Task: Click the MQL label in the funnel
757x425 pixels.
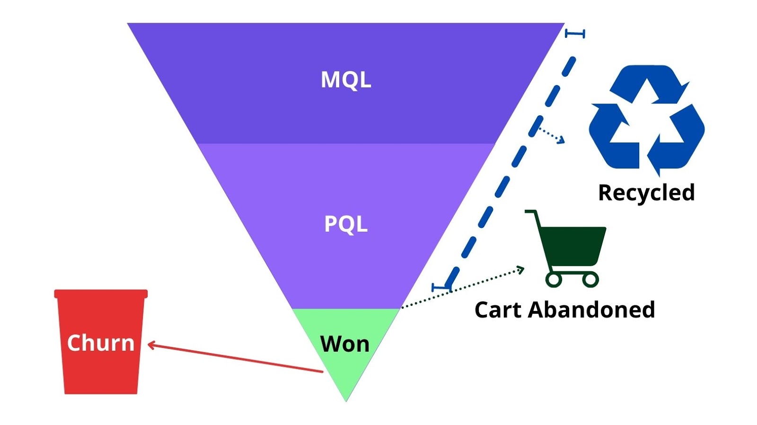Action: click(x=346, y=80)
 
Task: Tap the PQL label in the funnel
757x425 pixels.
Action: click(x=346, y=224)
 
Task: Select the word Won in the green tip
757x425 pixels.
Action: click(x=345, y=344)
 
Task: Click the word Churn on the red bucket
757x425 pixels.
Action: click(x=101, y=343)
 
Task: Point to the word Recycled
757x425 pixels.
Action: click(x=646, y=193)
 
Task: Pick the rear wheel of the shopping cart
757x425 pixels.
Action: click(x=554, y=279)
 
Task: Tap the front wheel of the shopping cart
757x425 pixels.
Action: click(x=590, y=279)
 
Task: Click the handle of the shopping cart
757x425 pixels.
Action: click(x=532, y=213)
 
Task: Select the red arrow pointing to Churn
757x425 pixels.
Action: click(x=237, y=358)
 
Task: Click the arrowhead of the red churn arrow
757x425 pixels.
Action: click(x=150, y=345)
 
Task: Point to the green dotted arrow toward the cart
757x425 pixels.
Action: click(x=464, y=288)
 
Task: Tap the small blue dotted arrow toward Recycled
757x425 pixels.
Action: click(x=552, y=135)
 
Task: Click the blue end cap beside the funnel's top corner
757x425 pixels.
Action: click(x=575, y=34)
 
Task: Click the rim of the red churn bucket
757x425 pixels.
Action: click(x=101, y=294)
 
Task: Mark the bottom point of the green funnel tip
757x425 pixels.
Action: click(x=346, y=400)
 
